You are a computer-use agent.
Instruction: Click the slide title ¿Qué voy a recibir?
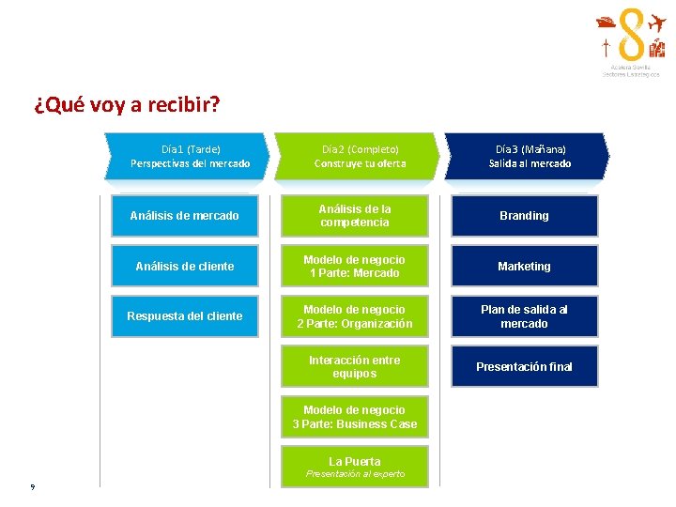127,103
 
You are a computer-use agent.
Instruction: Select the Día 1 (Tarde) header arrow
189,156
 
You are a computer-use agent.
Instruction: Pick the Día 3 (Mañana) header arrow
529,156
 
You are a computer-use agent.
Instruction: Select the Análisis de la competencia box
355,216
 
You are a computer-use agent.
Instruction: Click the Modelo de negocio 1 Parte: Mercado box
355,266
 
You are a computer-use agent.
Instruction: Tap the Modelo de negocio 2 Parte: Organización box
355,316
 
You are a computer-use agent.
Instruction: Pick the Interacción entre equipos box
355,366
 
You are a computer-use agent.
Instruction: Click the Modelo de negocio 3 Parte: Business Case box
355,416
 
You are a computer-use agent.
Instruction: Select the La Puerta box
355,466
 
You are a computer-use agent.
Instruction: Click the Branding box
524,216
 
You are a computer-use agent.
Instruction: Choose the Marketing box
524,266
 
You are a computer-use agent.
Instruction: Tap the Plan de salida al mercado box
524,316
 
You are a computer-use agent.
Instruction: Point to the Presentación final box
524,366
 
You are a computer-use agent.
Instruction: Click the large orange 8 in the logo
631,37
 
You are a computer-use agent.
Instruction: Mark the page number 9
33,485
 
